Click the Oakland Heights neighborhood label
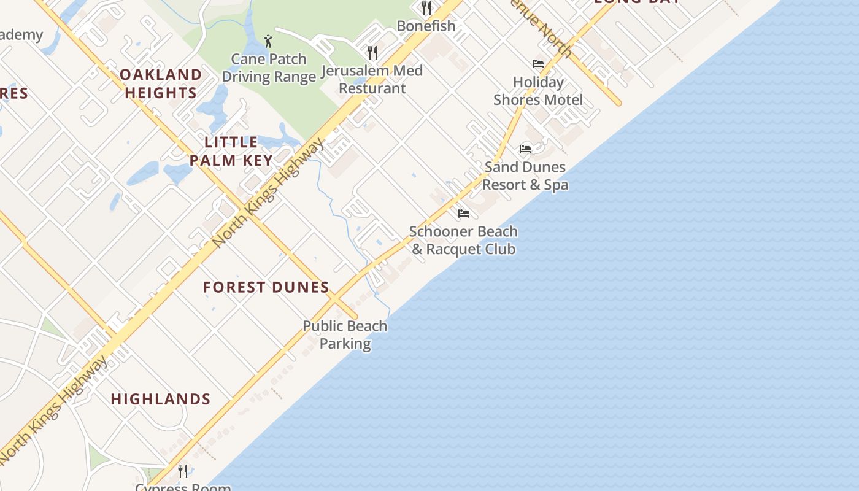coord(160,83)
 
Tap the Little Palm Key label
coord(231,152)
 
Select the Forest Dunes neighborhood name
coord(266,287)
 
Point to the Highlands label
coord(161,399)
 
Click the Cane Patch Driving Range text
coord(269,68)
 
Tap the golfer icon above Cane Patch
coord(268,41)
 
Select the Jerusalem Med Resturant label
coord(372,79)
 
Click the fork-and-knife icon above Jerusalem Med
coord(372,52)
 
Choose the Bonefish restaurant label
coord(426,26)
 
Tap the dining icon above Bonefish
coord(426,7)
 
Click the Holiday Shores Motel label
coord(538,91)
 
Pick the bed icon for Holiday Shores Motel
coord(538,64)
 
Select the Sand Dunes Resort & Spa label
coord(525,176)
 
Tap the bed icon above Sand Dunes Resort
coord(525,149)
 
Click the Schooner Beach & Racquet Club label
coord(463,240)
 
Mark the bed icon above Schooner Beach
coord(464,214)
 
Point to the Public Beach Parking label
coord(345,334)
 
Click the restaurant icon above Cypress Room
coord(183,471)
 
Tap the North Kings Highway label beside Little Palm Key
coord(269,193)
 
